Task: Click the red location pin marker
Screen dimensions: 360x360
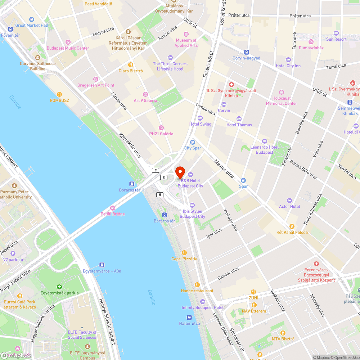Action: pyautogui.click(x=180, y=172)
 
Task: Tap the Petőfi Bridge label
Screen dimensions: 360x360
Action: pyautogui.click(x=113, y=214)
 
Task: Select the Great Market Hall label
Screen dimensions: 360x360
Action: pyautogui.click(x=32, y=25)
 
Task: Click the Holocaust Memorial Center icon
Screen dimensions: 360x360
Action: pyautogui.click(x=282, y=92)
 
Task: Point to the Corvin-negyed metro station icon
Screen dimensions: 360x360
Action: pyautogui.click(x=246, y=52)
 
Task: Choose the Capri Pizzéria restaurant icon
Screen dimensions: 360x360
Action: pyautogui.click(x=184, y=253)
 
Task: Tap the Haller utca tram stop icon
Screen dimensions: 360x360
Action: pyautogui.click(x=189, y=318)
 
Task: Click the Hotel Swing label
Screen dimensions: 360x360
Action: pyautogui.click(x=200, y=124)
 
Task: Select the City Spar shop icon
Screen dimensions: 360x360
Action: pyautogui.click(x=192, y=142)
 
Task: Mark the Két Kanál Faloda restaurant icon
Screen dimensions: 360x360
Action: pyautogui.click(x=292, y=226)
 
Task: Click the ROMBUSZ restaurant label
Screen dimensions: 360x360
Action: pyautogui.click(x=59, y=100)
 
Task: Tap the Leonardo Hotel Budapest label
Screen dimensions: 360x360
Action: pyautogui.click(x=264, y=150)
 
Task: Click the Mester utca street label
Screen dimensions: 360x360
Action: pyautogui.click(x=224, y=169)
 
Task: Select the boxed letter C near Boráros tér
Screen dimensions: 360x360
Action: pyautogui.click(x=156, y=170)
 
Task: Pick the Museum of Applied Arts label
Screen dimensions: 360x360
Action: pyautogui.click(x=186, y=43)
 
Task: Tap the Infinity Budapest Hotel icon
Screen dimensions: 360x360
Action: pyautogui.click(x=202, y=302)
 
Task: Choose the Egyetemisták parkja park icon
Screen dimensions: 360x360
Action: pyautogui.click(x=59, y=287)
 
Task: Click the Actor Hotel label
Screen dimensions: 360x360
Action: pyautogui.click(x=289, y=206)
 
